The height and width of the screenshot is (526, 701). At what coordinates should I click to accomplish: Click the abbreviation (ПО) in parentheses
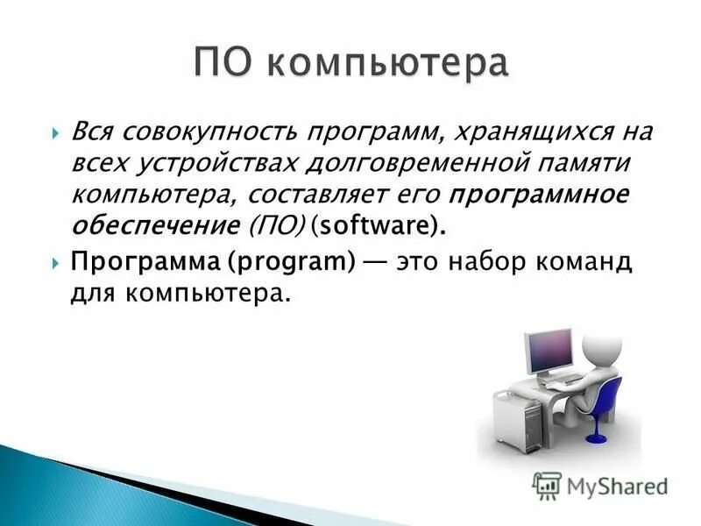click(x=278, y=227)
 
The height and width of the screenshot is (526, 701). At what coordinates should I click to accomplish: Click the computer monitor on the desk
click(x=548, y=351)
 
